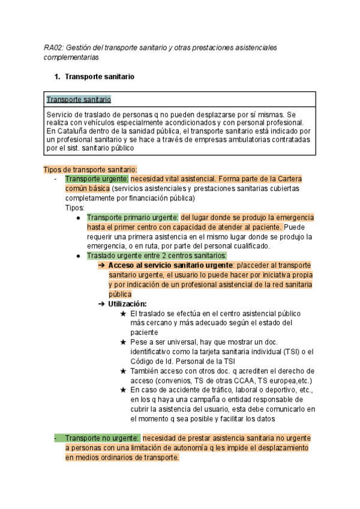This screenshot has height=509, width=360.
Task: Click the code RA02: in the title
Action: click(53, 47)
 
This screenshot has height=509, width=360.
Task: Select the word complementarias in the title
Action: click(71, 58)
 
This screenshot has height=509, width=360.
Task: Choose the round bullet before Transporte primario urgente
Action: click(79, 217)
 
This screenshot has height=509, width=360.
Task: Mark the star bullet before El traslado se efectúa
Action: click(123, 313)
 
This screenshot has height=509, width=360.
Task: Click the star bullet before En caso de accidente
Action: click(123, 390)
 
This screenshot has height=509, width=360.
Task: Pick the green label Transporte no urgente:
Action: click(103, 438)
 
